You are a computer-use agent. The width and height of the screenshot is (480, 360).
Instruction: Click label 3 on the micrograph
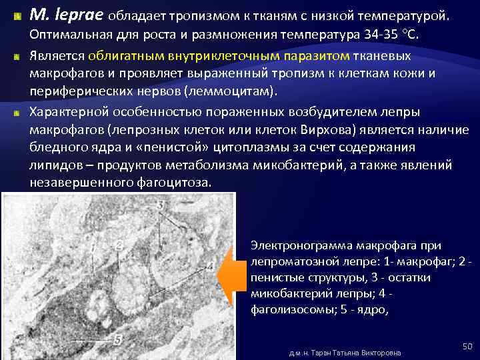click(x=161, y=206)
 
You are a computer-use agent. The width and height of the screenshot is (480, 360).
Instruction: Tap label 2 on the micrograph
click(x=119, y=245)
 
